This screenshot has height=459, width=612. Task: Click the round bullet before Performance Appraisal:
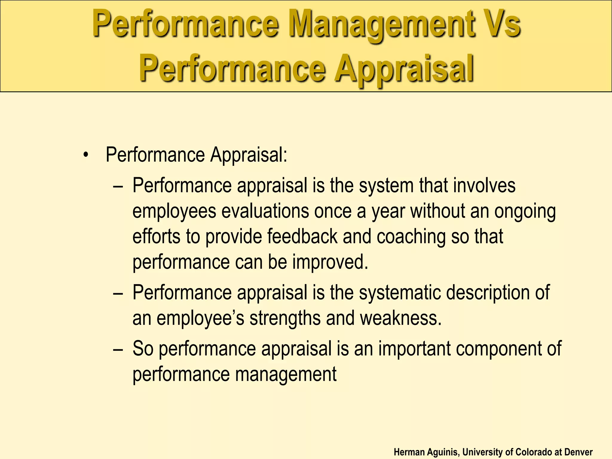click(86, 155)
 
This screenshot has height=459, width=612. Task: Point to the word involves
click(484, 186)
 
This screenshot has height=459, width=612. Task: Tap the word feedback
click(302, 236)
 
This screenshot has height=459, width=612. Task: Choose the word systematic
click(400, 293)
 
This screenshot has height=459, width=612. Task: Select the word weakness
click(400, 318)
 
